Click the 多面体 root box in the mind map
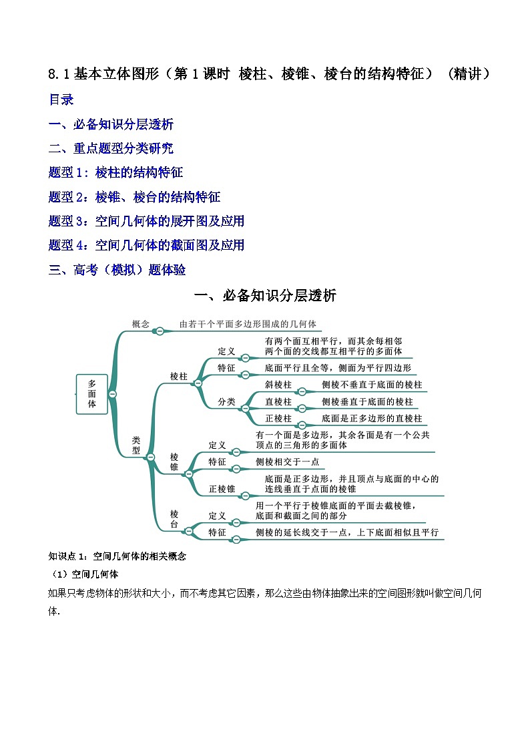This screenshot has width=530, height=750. (92, 394)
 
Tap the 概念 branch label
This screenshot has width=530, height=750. (140, 324)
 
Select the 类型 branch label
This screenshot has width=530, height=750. (136, 445)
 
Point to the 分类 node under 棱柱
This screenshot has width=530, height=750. (226, 401)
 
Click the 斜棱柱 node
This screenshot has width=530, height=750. (278, 385)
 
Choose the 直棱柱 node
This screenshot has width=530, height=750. (278, 401)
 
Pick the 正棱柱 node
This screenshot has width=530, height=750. (278, 418)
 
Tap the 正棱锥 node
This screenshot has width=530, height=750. (222, 489)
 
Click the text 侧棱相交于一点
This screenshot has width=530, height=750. (287, 461)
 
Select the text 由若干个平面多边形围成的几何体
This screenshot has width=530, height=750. (248, 325)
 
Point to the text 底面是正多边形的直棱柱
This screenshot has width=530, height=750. (372, 418)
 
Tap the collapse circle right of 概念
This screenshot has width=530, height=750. (160, 330)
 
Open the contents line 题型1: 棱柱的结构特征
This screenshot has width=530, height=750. (115, 172)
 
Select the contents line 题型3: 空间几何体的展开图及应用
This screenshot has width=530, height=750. (146, 220)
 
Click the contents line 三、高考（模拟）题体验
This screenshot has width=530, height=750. (117, 269)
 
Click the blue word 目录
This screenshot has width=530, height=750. (61, 100)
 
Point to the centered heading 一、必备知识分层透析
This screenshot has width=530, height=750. (264, 295)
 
